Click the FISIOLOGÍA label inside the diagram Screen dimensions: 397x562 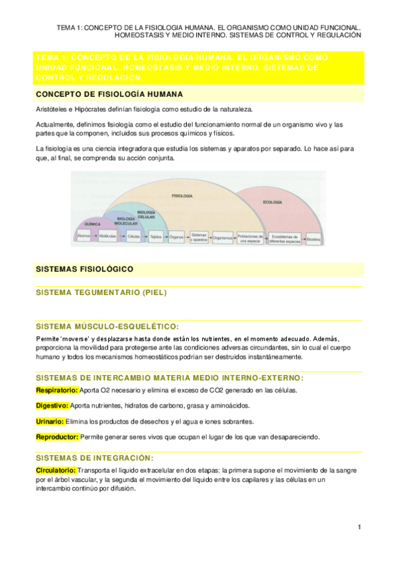click(x=182, y=197)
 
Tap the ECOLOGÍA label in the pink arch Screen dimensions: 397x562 click(x=272, y=201)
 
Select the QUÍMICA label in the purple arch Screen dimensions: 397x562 click(x=92, y=225)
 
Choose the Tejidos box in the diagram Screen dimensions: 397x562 click(x=156, y=237)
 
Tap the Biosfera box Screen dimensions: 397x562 click(x=313, y=237)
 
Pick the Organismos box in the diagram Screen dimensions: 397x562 click(x=223, y=237)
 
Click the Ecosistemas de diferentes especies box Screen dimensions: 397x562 click(x=286, y=237)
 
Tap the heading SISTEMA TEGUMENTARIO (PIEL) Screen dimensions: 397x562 click(x=101, y=292)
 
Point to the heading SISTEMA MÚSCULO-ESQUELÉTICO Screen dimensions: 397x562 click(x=107, y=327)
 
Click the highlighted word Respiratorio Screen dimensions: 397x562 click(x=57, y=390)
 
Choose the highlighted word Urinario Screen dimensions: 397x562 click(x=50, y=421)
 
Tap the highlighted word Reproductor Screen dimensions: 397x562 click(x=57, y=437)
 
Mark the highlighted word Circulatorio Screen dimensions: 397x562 click(x=58, y=470)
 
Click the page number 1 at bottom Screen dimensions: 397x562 click(x=359, y=528)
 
